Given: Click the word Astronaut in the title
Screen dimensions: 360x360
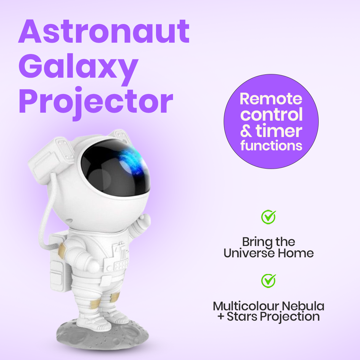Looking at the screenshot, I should click(104, 32).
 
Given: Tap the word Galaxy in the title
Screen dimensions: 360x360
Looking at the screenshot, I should click(78, 67).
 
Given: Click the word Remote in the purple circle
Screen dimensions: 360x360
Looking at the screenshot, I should click(271, 99).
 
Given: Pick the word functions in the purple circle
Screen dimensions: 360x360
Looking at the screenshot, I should click(271, 146).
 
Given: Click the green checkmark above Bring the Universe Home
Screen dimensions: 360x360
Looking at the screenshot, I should click(268, 217).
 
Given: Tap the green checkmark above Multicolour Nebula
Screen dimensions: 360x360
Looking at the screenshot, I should click(268, 281).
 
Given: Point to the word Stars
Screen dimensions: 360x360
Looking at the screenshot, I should click(242, 316).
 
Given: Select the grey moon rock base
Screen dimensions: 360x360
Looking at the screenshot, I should click(97, 333).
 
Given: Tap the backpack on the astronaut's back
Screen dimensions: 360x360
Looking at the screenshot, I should click(58, 263).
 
